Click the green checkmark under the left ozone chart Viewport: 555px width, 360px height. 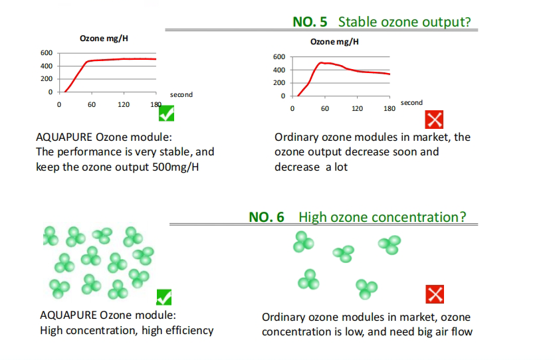click(166, 113)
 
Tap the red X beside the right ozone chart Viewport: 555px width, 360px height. click(434, 120)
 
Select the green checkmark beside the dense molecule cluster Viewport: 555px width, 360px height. click(164, 297)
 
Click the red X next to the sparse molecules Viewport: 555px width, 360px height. click(435, 294)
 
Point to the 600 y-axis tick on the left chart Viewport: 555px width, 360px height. click(47, 52)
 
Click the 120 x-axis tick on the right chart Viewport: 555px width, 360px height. click(357, 108)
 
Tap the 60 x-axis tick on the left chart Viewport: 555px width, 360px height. click(92, 105)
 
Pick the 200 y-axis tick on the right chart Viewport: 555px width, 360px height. click(279, 83)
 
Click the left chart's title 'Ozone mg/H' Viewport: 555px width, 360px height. click(104, 39)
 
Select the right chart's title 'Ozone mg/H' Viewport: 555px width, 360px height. click(334, 42)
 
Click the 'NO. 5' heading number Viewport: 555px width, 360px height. click(310, 22)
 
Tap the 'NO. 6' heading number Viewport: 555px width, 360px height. click(267, 217)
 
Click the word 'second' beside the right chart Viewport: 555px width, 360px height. click(411, 102)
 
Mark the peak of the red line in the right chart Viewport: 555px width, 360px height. click(321, 62)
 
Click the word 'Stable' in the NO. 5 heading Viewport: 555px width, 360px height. click(358, 22)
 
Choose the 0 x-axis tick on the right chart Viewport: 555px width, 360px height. click(292, 108)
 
